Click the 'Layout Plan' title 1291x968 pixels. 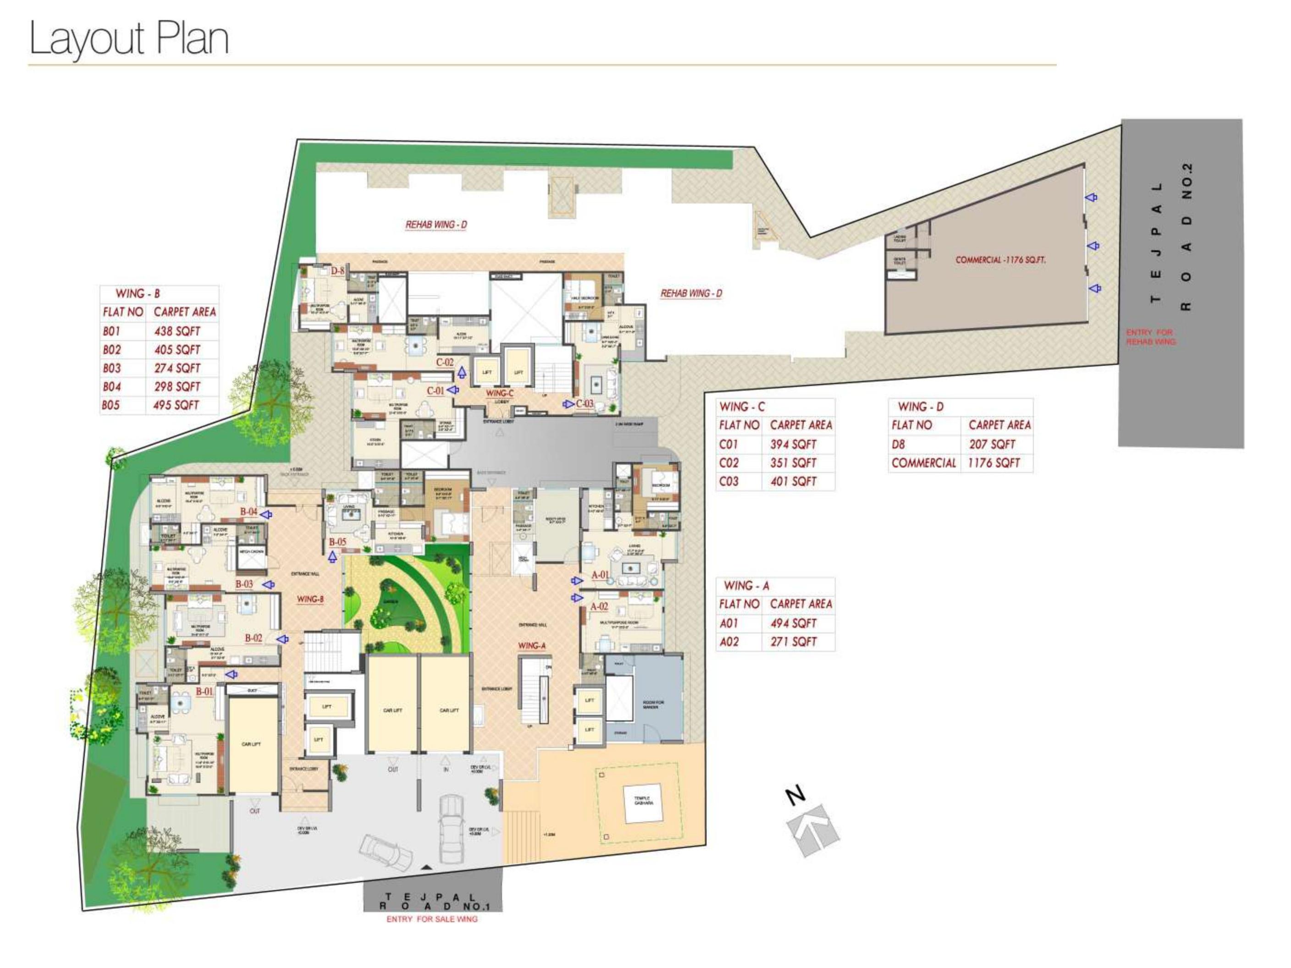[128, 38]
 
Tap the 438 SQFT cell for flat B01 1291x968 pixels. [177, 331]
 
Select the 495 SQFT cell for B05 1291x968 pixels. [176, 405]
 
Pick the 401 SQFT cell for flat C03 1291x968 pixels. [793, 481]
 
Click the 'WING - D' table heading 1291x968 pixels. [921, 407]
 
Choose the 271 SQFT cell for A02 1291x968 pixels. [793, 642]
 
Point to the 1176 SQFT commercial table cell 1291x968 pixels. [994, 463]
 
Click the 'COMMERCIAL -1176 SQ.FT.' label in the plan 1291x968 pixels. [1000, 260]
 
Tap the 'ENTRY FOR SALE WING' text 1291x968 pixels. [432, 919]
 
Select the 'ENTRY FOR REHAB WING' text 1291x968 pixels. [1150, 337]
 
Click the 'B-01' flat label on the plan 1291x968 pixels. [204, 692]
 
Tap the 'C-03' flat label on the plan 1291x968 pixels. [585, 403]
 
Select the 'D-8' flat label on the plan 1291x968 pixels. [338, 271]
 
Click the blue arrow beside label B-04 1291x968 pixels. [266, 515]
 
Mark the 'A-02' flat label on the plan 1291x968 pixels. [599, 606]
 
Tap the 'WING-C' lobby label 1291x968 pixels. [500, 394]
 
